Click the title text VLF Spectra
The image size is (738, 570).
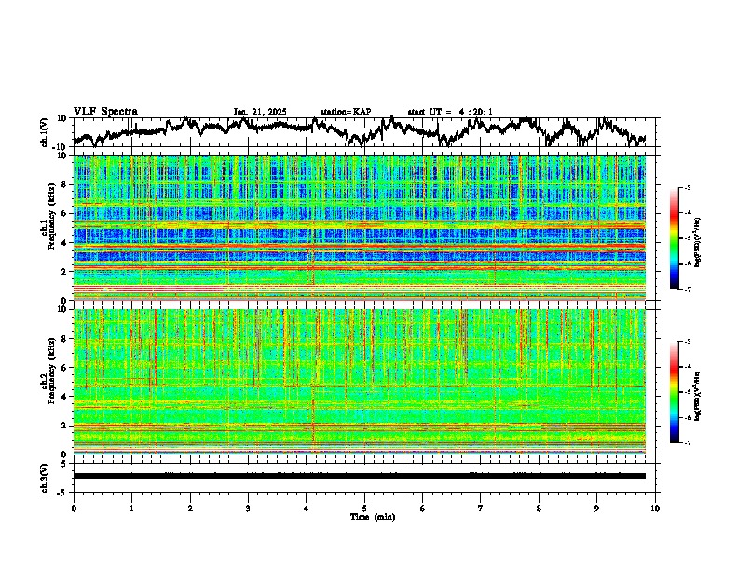click(x=105, y=111)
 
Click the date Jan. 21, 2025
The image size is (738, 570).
click(x=260, y=112)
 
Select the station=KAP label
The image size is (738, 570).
click(x=345, y=112)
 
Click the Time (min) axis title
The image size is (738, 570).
click(x=372, y=516)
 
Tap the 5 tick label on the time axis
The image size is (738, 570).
click(x=364, y=508)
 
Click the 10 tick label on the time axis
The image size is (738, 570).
click(x=655, y=508)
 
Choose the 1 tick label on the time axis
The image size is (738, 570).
click(x=131, y=508)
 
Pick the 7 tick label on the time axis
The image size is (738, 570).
click(x=481, y=508)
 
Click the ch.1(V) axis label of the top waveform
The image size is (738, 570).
click(x=44, y=132)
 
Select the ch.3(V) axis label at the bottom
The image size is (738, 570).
click(x=44, y=476)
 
